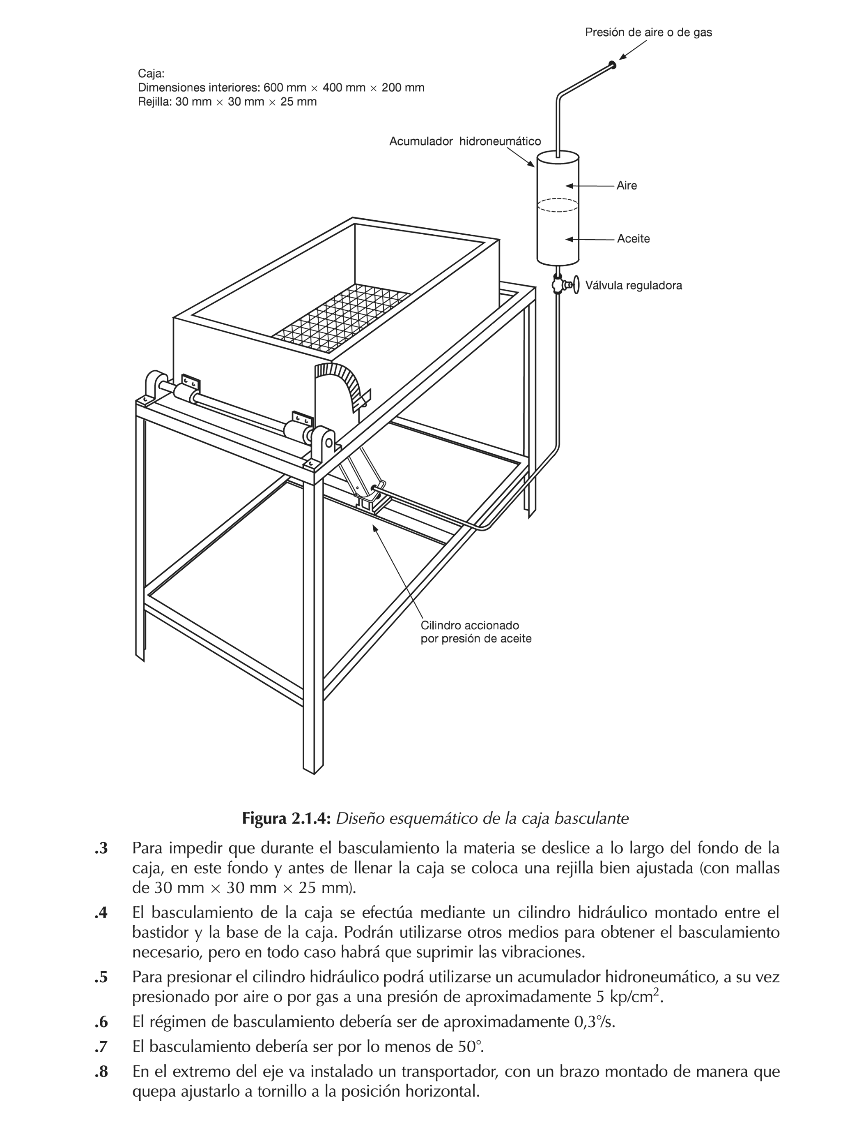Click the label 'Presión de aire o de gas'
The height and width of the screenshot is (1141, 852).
click(x=648, y=32)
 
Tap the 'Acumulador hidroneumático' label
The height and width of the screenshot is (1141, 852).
click(x=464, y=141)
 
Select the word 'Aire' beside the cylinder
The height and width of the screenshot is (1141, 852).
click(x=626, y=186)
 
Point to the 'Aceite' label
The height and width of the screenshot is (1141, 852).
click(x=633, y=239)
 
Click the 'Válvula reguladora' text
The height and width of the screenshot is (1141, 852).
click(x=633, y=285)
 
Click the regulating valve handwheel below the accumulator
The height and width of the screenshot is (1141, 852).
click(x=575, y=285)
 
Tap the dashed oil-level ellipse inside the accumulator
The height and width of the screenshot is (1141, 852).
click(x=557, y=205)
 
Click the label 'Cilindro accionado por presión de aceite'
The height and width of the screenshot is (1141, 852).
click(x=475, y=632)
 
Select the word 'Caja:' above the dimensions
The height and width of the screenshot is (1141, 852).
click(x=151, y=74)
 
